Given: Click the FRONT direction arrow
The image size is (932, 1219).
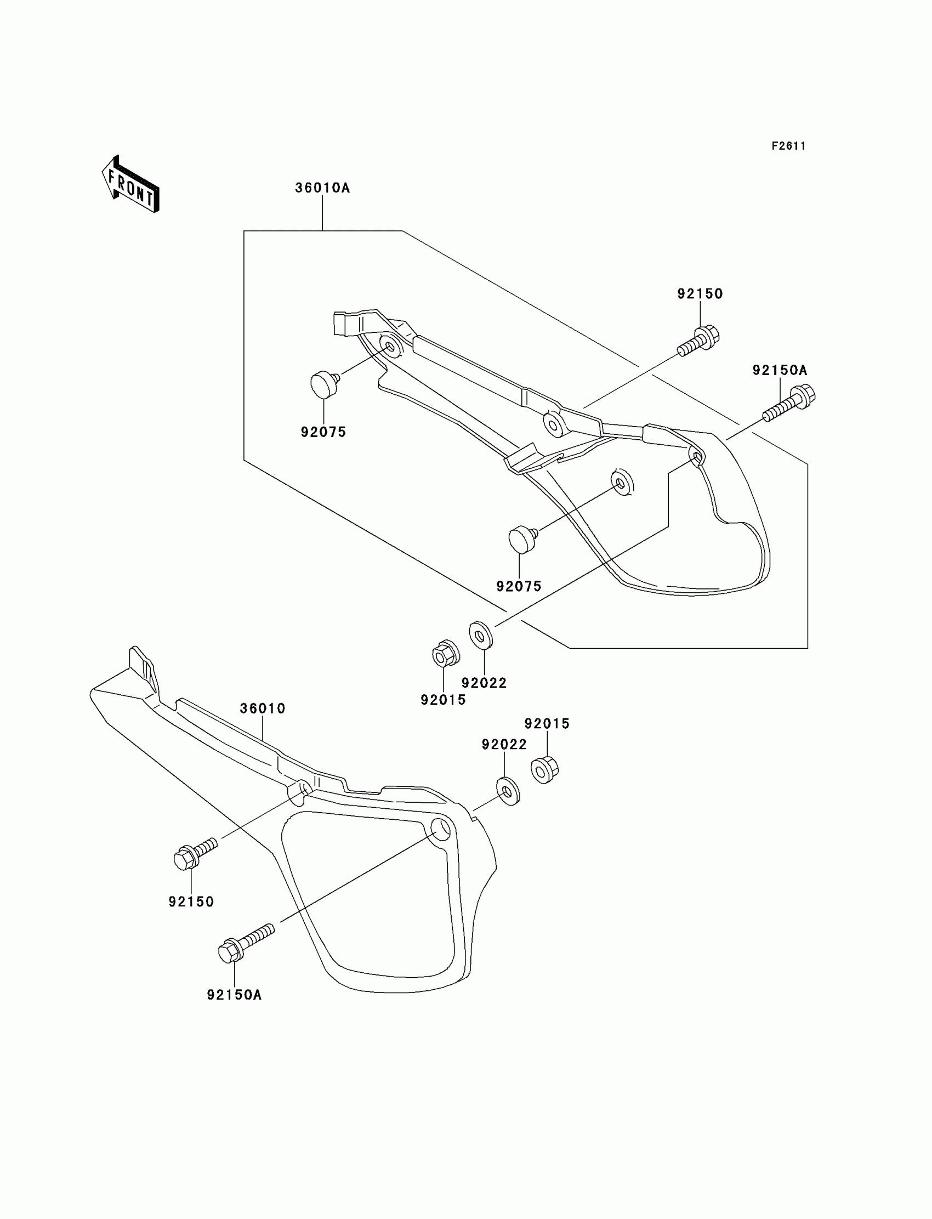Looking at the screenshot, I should [131, 184].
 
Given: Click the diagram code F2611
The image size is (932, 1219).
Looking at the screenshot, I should [788, 146].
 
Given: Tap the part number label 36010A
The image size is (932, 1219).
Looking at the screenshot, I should [322, 188].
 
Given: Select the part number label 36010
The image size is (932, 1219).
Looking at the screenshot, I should [263, 708].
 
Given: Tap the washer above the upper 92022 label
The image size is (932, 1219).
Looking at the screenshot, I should [480, 636].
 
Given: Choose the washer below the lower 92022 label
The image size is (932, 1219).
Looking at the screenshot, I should [508, 792].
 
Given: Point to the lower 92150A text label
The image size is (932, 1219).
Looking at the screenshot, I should [234, 995].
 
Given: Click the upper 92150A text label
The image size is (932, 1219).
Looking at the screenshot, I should [780, 370].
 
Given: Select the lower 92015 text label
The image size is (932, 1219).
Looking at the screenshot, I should [547, 723].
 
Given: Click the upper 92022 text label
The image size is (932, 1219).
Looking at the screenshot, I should [484, 683].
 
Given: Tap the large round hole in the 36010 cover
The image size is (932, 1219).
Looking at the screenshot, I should [441, 844].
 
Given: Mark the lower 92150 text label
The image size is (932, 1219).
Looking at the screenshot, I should [191, 902].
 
